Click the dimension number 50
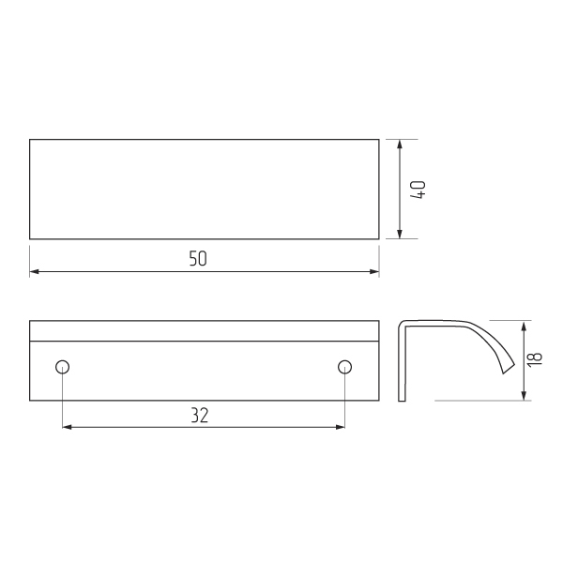coord(198,259)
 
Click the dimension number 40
coord(418,190)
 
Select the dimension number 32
coord(199,415)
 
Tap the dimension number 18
coord(534,359)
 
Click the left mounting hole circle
coord(63,367)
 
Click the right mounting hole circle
coord(344,367)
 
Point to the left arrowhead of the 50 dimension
coord(34,271)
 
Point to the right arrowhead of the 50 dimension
coord(374,271)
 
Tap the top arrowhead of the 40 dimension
coord(400,145)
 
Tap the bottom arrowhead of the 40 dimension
coord(400,234)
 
